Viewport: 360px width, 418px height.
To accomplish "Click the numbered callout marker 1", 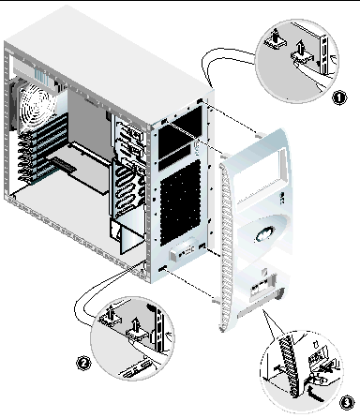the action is (338, 97).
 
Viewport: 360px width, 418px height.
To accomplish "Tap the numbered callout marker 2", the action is (83, 364).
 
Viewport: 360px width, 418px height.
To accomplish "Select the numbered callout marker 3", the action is (347, 403).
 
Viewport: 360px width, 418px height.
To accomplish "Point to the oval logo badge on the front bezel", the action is (265, 233).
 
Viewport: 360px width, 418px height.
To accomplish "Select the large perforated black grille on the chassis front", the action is (180, 203).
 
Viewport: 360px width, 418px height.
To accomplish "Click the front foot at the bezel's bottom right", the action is (279, 293).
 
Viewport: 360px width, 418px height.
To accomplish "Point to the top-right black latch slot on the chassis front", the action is (200, 101).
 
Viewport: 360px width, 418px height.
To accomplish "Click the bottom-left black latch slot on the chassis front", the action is (162, 269).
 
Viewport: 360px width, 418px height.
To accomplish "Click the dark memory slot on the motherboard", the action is (64, 164).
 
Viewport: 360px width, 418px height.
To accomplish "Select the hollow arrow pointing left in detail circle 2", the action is (169, 336).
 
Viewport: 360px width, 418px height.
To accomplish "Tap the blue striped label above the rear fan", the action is (41, 77).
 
